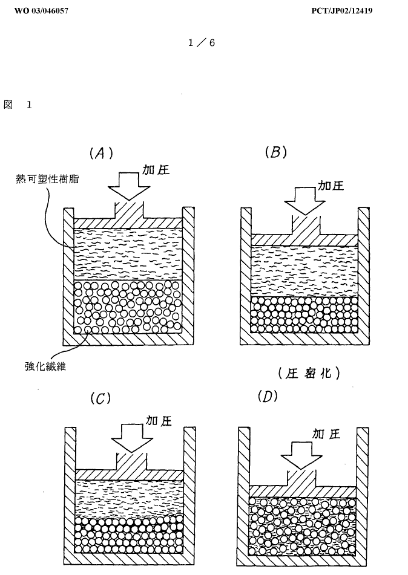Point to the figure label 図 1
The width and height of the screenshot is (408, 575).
(18, 105)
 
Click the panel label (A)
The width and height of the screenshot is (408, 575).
(101, 153)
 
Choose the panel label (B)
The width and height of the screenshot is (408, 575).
(275, 152)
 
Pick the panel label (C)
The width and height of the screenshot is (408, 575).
(100, 398)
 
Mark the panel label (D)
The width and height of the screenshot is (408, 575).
(268, 397)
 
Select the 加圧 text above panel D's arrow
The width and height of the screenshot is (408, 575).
(326, 433)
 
